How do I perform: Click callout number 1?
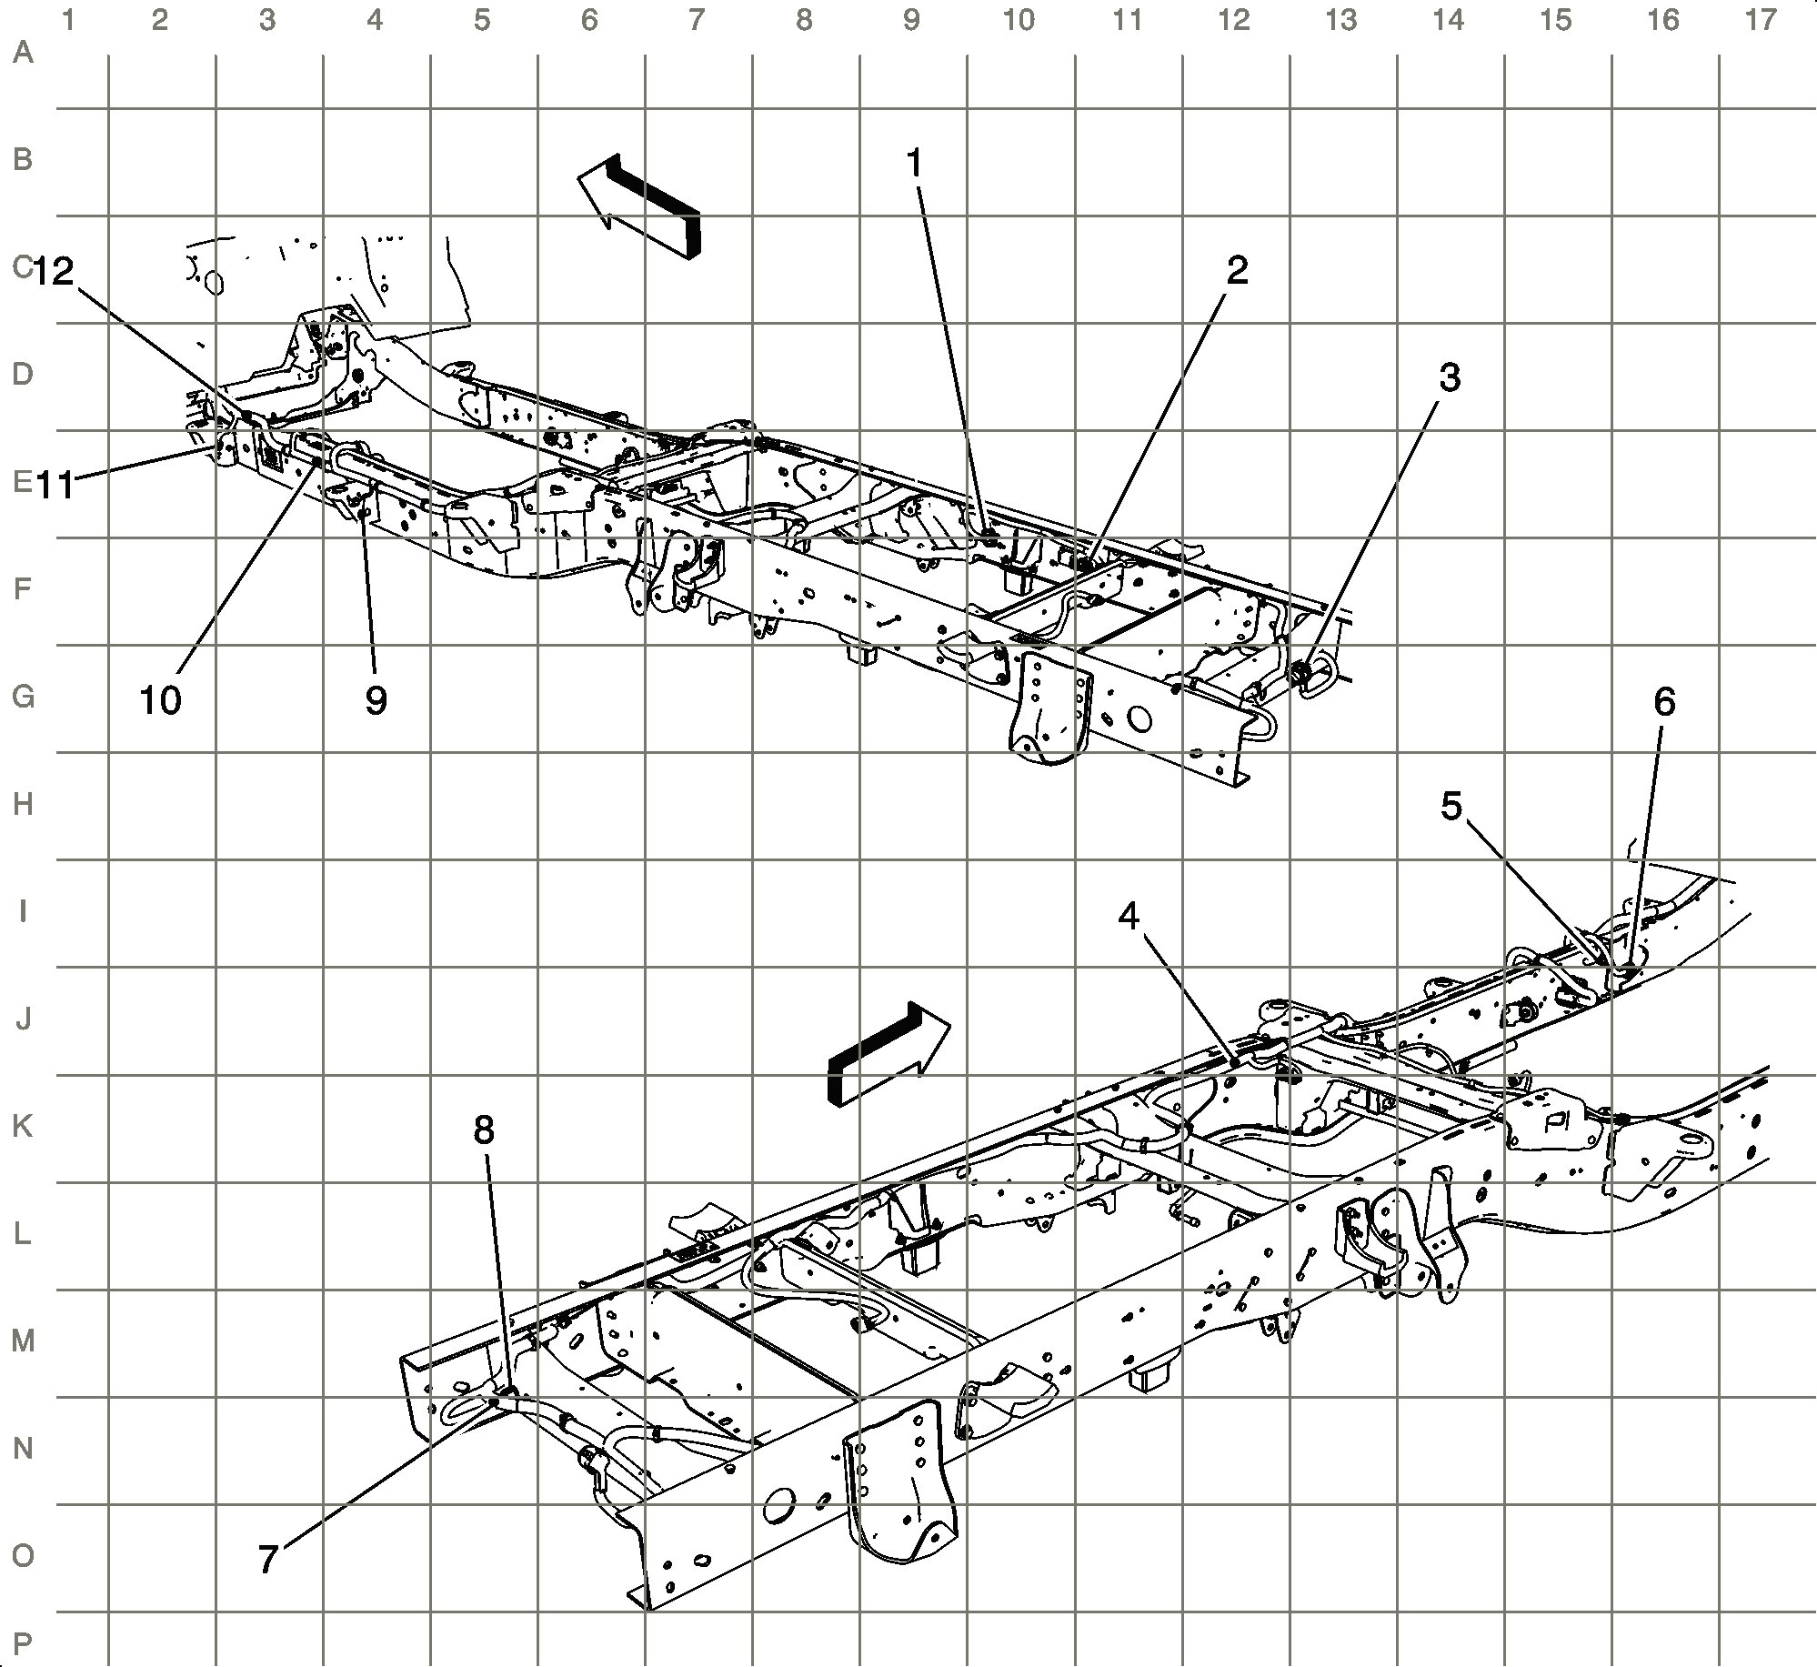pyautogui.click(x=915, y=164)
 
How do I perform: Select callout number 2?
pyautogui.click(x=1237, y=270)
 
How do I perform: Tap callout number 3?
pyautogui.click(x=1450, y=377)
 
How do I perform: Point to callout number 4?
pyautogui.click(x=1129, y=918)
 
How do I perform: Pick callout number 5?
pyautogui.click(x=1451, y=805)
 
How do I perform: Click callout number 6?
pyautogui.click(x=1664, y=701)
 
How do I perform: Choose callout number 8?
pyautogui.click(x=484, y=1130)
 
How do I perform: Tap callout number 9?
pyautogui.click(x=376, y=700)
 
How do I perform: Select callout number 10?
pyautogui.click(x=161, y=700)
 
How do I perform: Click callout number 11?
pyautogui.click(x=55, y=486)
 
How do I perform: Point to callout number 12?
pyautogui.click(x=55, y=270)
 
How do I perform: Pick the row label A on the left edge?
pyautogui.click(x=24, y=53)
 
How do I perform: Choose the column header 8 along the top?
pyautogui.click(x=804, y=20)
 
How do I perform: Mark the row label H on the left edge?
pyautogui.click(x=24, y=804)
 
